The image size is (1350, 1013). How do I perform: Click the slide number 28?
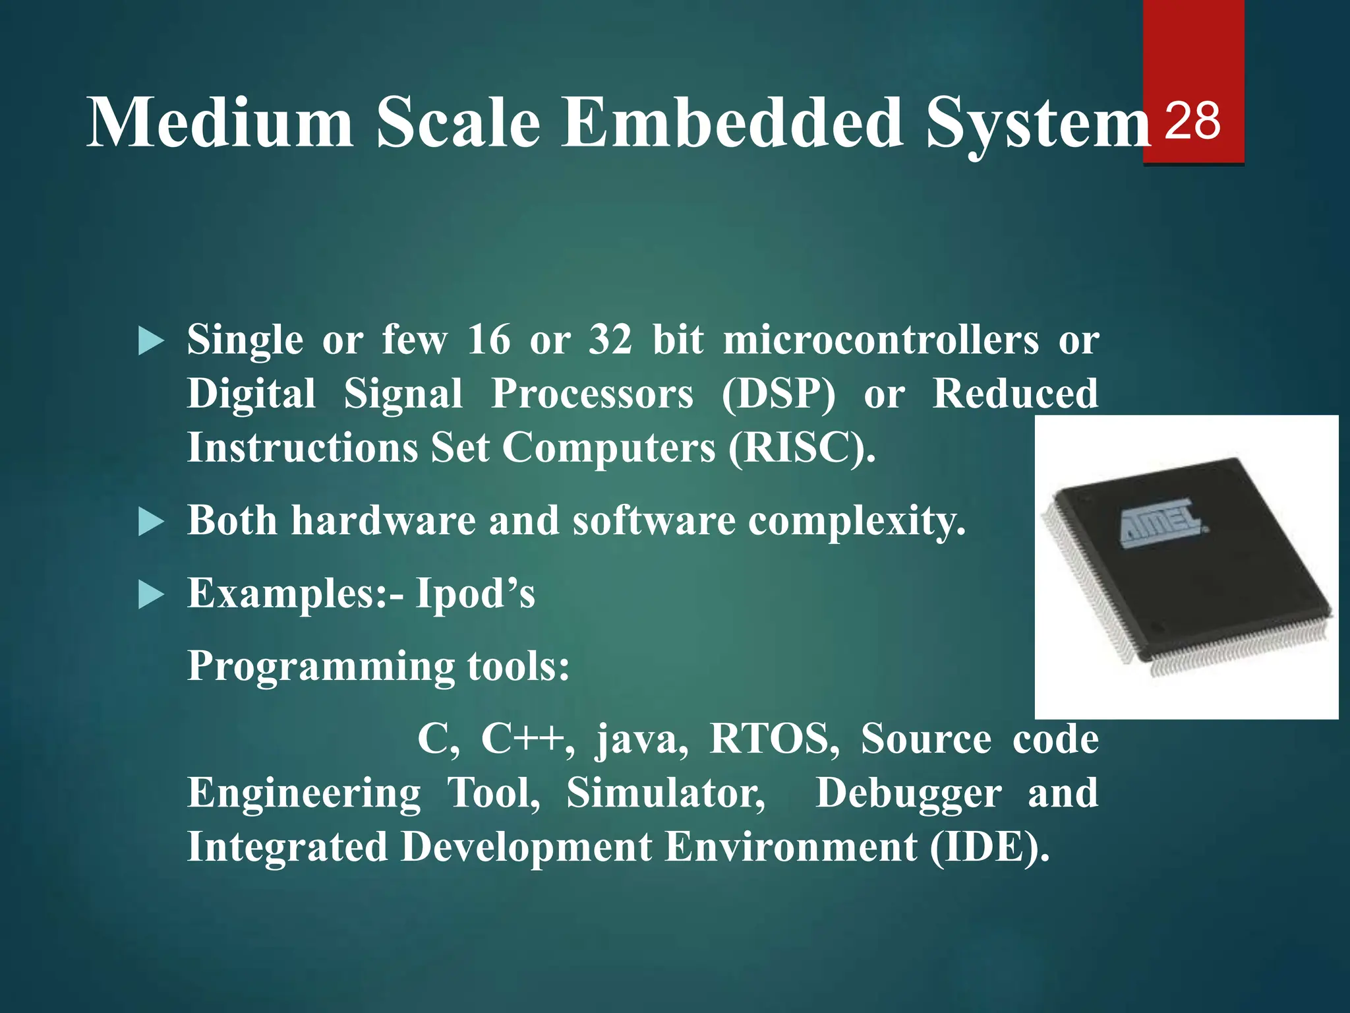point(1192,121)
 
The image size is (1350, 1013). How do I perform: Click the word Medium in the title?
point(220,123)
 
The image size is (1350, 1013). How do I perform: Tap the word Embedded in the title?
point(732,123)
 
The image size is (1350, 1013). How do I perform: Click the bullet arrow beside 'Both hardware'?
point(151,523)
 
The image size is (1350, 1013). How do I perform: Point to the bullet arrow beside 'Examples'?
point(151,596)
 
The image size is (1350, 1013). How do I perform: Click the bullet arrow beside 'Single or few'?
point(151,342)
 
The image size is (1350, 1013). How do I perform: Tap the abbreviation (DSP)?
point(778,394)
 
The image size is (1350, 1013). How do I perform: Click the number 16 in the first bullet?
point(488,340)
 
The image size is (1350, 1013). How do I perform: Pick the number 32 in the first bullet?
point(610,340)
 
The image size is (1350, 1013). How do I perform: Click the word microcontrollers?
point(881,340)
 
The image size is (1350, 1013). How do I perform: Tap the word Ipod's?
point(475,594)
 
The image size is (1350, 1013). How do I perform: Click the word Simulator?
point(666,793)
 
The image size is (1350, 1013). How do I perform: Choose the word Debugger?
point(908,794)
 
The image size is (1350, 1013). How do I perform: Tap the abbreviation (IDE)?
point(989,847)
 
